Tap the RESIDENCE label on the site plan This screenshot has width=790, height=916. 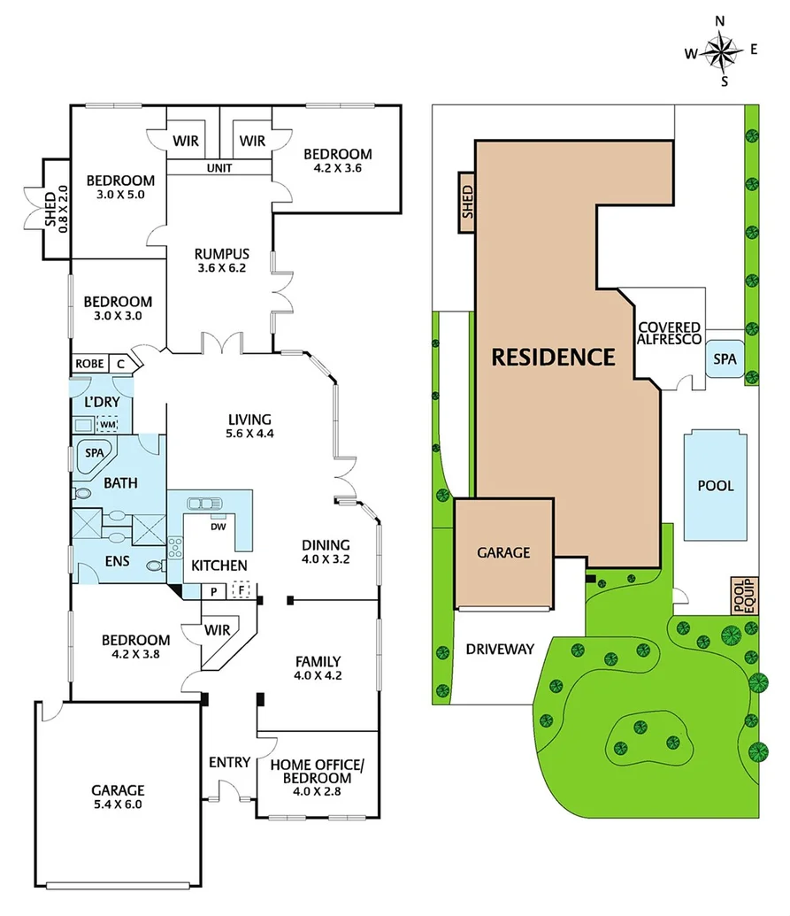(x=553, y=358)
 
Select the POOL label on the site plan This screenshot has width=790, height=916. (x=716, y=486)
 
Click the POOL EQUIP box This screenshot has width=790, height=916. (x=740, y=596)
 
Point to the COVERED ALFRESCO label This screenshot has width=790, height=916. (x=670, y=334)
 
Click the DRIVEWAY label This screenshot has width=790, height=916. (x=500, y=649)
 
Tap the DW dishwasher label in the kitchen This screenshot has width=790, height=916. (x=218, y=527)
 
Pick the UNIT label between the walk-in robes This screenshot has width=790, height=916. (x=219, y=168)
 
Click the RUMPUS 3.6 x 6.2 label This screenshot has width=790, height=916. (x=222, y=260)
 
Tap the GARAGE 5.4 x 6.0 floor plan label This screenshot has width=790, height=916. (x=118, y=797)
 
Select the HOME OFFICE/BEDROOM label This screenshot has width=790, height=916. (x=317, y=772)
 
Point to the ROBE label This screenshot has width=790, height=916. (x=88, y=364)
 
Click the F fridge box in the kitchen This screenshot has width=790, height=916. (x=240, y=590)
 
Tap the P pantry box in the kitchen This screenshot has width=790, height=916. (x=213, y=590)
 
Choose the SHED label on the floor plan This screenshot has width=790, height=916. (x=56, y=208)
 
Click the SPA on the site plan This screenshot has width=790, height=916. (x=726, y=358)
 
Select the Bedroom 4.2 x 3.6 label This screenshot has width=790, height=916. (x=336, y=160)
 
